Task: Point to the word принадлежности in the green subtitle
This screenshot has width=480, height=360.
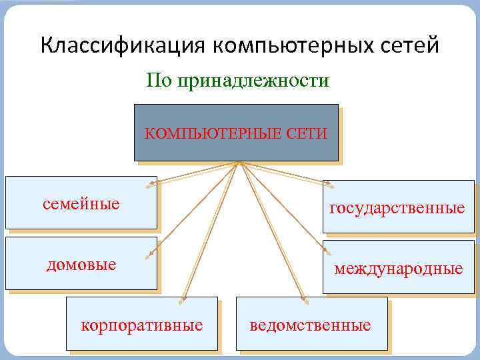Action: pyautogui.click(x=253, y=81)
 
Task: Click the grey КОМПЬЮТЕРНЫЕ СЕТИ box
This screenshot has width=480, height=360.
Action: pyautogui.click(x=236, y=133)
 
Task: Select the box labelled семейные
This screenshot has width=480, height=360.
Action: pyautogui.click(x=81, y=203)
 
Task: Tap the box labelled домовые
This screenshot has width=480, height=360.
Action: pyautogui.click(x=81, y=264)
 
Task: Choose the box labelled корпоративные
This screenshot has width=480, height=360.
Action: pyautogui.click(x=141, y=325)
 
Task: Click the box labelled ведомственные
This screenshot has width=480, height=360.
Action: pyautogui.click(x=311, y=325)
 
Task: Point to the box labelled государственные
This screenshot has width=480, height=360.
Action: pyautogui.click(x=398, y=208)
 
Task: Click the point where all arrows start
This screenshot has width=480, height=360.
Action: pyautogui.click(x=238, y=163)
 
